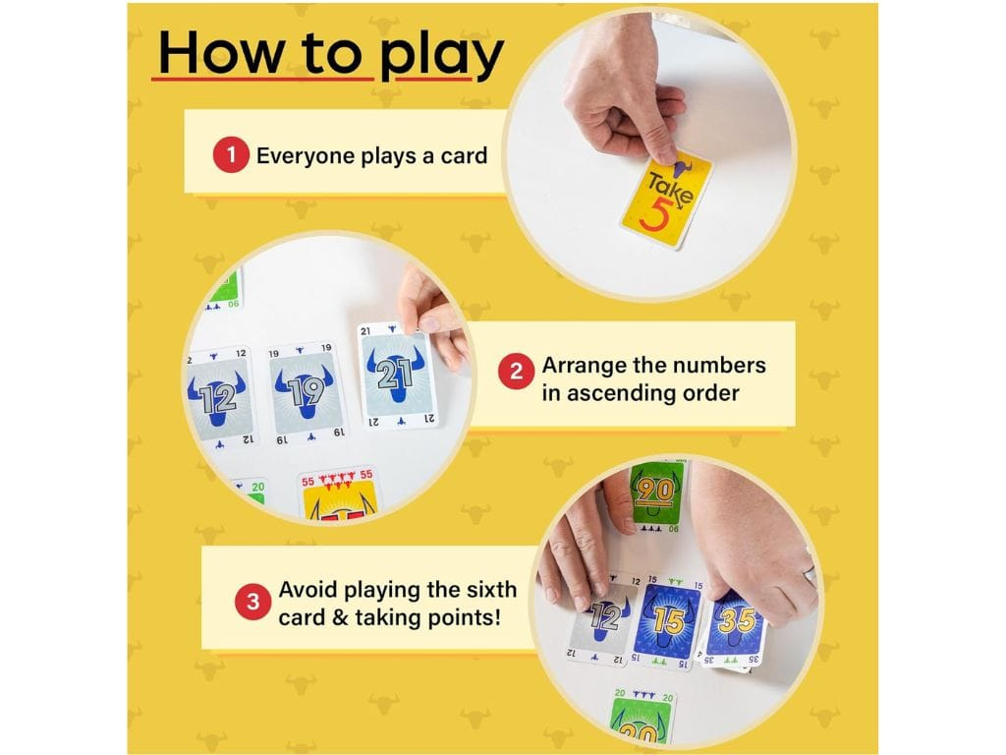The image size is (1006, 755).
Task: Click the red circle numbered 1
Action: click(x=231, y=155)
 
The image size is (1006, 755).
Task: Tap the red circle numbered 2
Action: click(x=517, y=372)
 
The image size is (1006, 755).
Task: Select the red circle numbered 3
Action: click(x=252, y=603)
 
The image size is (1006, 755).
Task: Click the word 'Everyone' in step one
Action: click(x=306, y=156)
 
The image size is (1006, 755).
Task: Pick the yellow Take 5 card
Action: click(x=667, y=199)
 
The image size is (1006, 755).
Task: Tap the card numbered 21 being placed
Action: click(x=397, y=376)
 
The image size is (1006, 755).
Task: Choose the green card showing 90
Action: click(x=654, y=497)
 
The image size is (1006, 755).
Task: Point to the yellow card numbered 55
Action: click(x=338, y=494)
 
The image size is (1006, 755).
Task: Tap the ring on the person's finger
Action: click(x=810, y=572)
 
